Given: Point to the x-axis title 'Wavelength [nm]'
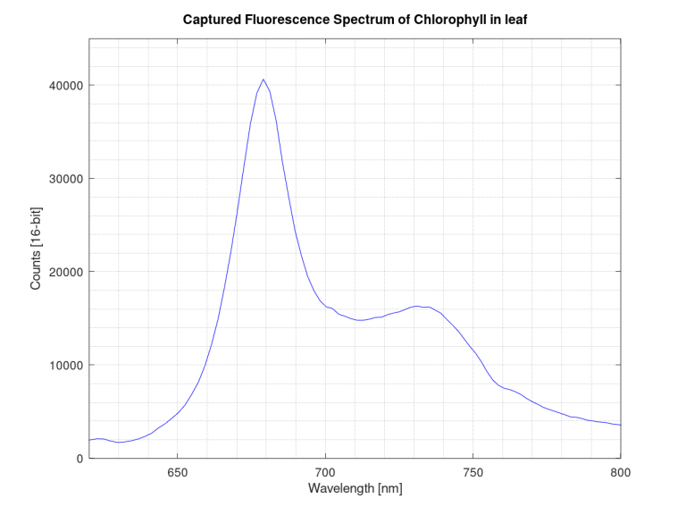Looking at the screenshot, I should (354, 489).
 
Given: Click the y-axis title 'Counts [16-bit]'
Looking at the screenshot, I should (37, 249).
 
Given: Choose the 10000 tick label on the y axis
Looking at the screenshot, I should (64, 366).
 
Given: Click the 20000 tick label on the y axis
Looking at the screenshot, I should (64, 272).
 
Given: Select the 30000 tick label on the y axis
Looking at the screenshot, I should (64, 179).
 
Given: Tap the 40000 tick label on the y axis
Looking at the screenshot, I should (64, 86).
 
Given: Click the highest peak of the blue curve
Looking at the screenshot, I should (264, 80).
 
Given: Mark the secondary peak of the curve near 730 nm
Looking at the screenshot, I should (417, 306).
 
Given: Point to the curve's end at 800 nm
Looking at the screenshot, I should (620, 425).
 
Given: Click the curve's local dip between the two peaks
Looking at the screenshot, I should (360, 320).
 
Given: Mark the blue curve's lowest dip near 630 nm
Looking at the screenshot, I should (119, 443).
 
